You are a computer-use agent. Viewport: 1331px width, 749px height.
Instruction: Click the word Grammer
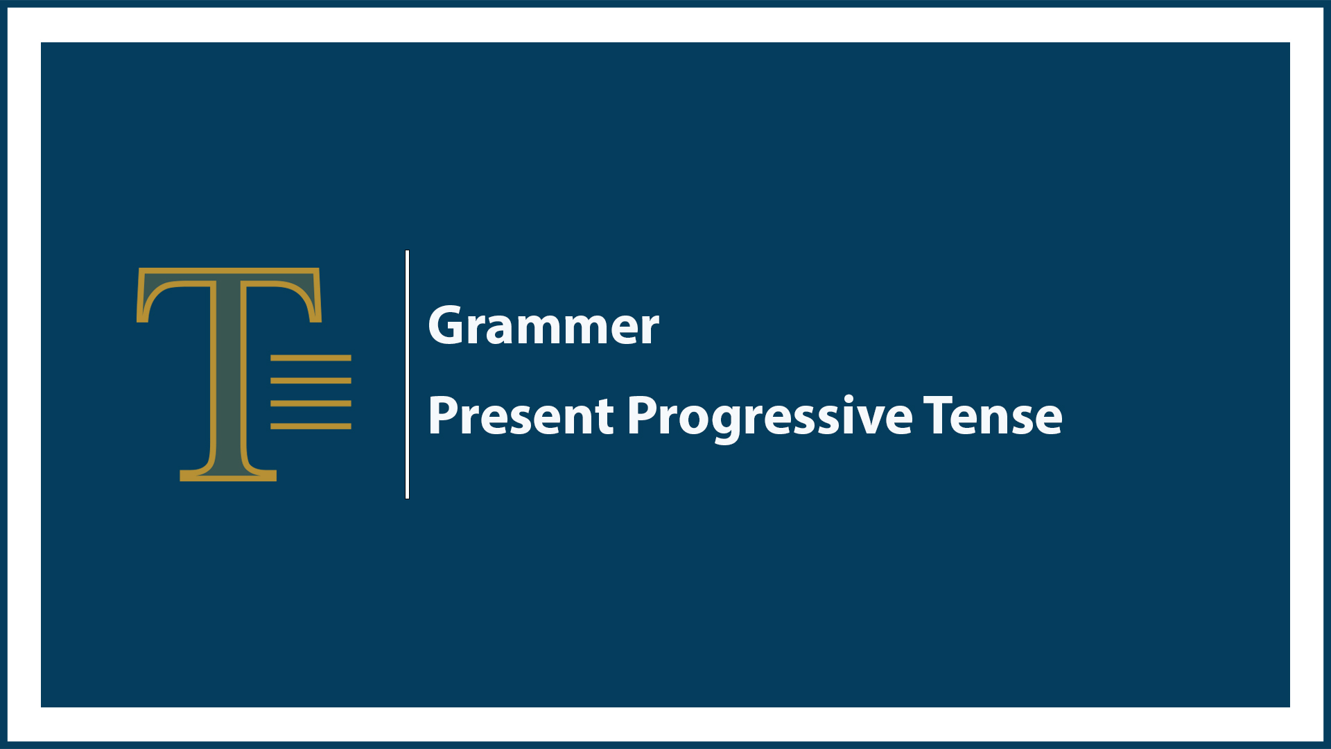pyautogui.click(x=543, y=326)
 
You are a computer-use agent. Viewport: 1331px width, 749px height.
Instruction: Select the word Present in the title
pyautogui.click(x=521, y=416)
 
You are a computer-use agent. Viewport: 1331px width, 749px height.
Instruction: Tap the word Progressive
pyautogui.click(x=769, y=416)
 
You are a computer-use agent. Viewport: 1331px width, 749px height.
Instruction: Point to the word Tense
pyautogui.click(x=993, y=416)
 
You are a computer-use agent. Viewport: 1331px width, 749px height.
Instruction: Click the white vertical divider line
pyautogui.click(x=407, y=374)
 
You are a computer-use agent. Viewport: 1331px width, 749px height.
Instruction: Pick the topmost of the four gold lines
pyautogui.click(x=311, y=358)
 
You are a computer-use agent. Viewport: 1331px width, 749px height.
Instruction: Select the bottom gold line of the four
pyautogui.click(x=311, y=426)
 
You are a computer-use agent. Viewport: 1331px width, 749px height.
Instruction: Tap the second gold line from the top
pyautogui.click(x=311, y=381)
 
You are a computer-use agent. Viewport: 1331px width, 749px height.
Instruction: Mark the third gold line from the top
pyautogui.click(x=311, y=403)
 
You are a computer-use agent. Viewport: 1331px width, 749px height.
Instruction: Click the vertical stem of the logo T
pyautogui.click(x=228, y=374)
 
